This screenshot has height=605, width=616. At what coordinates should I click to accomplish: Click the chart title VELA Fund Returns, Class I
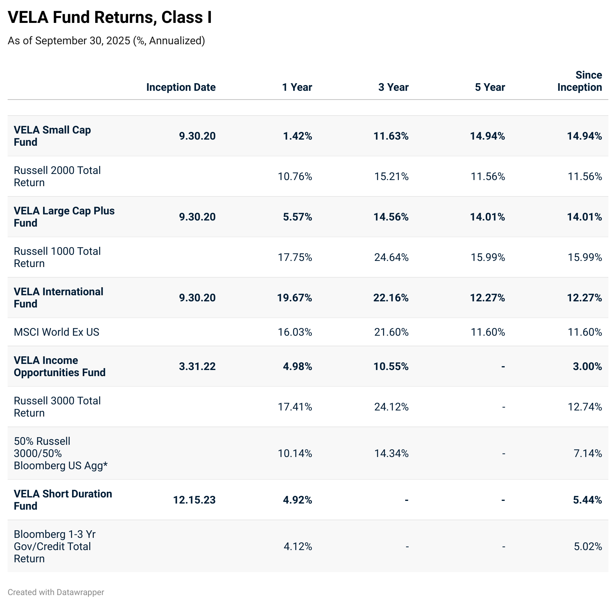coord(110,18)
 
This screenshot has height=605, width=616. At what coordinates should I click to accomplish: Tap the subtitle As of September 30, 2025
coord(106,40)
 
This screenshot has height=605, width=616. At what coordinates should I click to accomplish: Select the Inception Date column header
coord(181,87)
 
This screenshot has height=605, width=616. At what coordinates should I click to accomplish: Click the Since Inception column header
coord(579,81)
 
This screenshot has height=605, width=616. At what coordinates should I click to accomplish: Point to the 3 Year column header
coord(393,87)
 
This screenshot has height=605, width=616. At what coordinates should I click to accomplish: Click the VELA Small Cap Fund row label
coord(52,136)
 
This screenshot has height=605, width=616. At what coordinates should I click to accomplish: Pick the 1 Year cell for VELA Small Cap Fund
coord(297,136)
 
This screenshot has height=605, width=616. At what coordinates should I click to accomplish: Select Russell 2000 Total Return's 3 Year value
coord(391,177)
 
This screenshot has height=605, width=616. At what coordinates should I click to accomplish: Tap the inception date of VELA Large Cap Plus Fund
coord(197,217)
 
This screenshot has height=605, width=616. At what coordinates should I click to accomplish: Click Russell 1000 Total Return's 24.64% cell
coord(391,257)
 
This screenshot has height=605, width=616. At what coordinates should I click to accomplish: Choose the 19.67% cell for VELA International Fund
coord(294,298)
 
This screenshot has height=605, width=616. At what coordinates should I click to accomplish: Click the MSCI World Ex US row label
coord(56,332)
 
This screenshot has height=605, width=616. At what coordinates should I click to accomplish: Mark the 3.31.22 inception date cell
coord(197,367)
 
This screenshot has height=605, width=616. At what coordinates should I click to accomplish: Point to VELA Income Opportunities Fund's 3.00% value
coord(587,367)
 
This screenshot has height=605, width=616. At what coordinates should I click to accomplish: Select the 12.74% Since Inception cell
coord(585,407)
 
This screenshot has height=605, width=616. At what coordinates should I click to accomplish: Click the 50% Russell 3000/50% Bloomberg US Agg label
coord(61,453)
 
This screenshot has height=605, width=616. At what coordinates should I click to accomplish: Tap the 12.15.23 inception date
coord(194,500)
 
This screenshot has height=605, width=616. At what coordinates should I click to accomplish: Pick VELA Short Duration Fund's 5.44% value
coord(587,500)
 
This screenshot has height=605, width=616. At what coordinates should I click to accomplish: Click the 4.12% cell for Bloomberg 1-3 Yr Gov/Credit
coord(297,547)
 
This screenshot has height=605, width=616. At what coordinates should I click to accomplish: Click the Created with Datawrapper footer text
coord(56,592)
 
